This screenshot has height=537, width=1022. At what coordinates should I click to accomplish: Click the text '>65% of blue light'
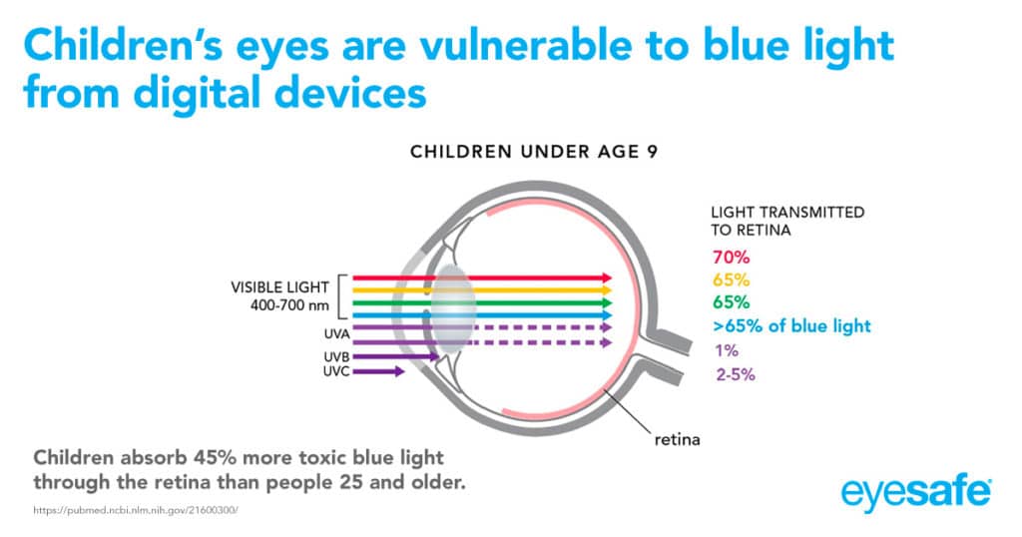[790, 326]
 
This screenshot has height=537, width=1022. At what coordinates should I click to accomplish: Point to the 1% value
[722, 350]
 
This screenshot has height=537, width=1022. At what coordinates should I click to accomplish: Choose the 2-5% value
[733, 375]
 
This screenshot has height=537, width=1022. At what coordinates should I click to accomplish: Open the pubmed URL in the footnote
[136, 510]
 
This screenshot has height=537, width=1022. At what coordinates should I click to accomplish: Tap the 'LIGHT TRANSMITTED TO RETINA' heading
[786, 222]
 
